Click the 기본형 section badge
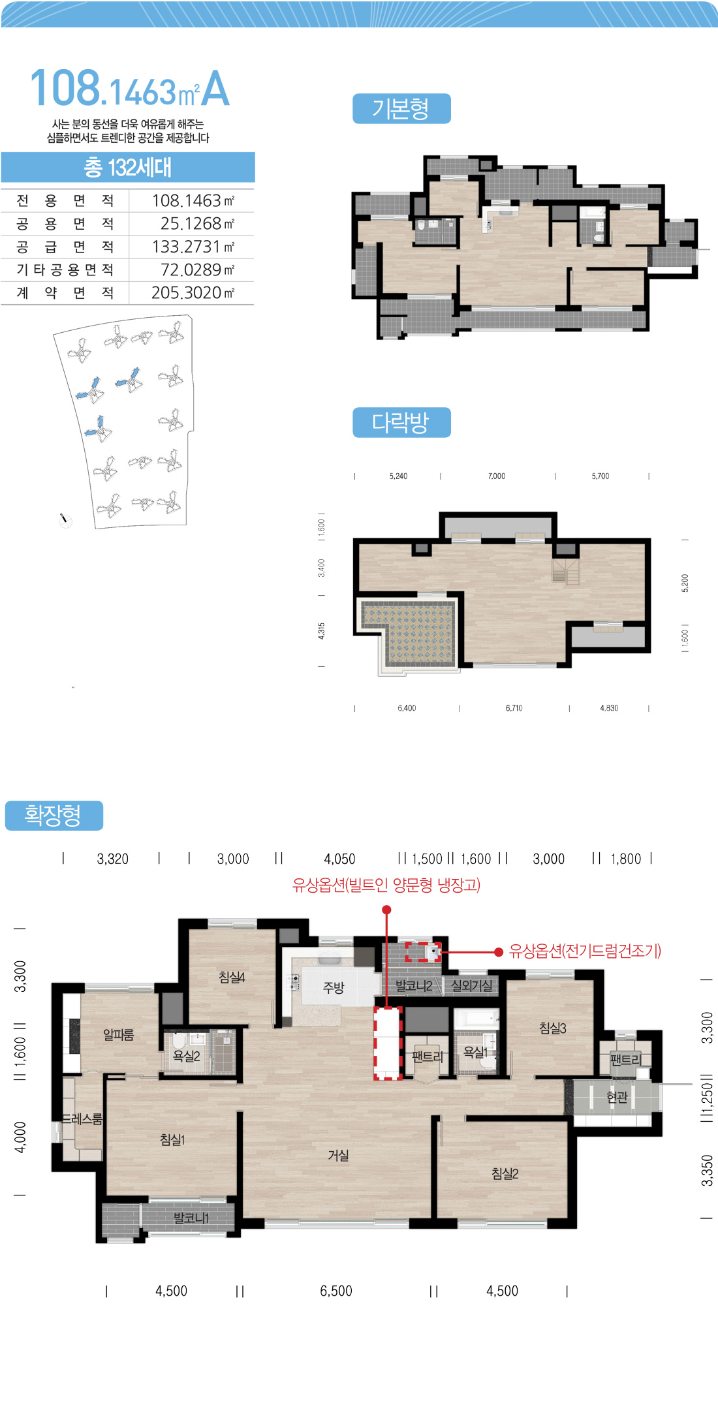(401, 108)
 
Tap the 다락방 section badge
(401, 422)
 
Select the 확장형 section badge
(54, 816)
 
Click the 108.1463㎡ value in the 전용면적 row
(193, 200)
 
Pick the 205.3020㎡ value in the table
(193, 292)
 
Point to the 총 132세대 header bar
(128, 167)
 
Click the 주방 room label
(334, 988)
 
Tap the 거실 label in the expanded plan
(338, 1156)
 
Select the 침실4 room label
(232, 977)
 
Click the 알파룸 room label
(118, 1034)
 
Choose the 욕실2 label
(186, 1056)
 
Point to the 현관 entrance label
(617, 1098)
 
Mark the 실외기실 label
(471, 986)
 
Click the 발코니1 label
(191, 1218)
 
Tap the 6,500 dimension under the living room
(336, 1291)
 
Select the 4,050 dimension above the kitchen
(339, 859)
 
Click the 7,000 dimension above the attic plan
(497, 476)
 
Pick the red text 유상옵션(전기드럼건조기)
(585, 951)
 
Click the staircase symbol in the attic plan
(566, 571)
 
